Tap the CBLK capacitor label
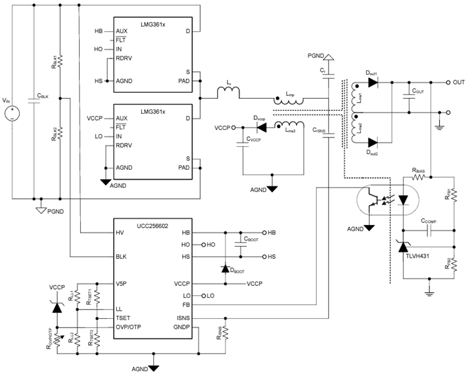tap(43, 97)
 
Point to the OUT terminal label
tap(459, 81)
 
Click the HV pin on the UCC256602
tap(120, 232)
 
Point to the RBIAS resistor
tap(416, 177)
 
